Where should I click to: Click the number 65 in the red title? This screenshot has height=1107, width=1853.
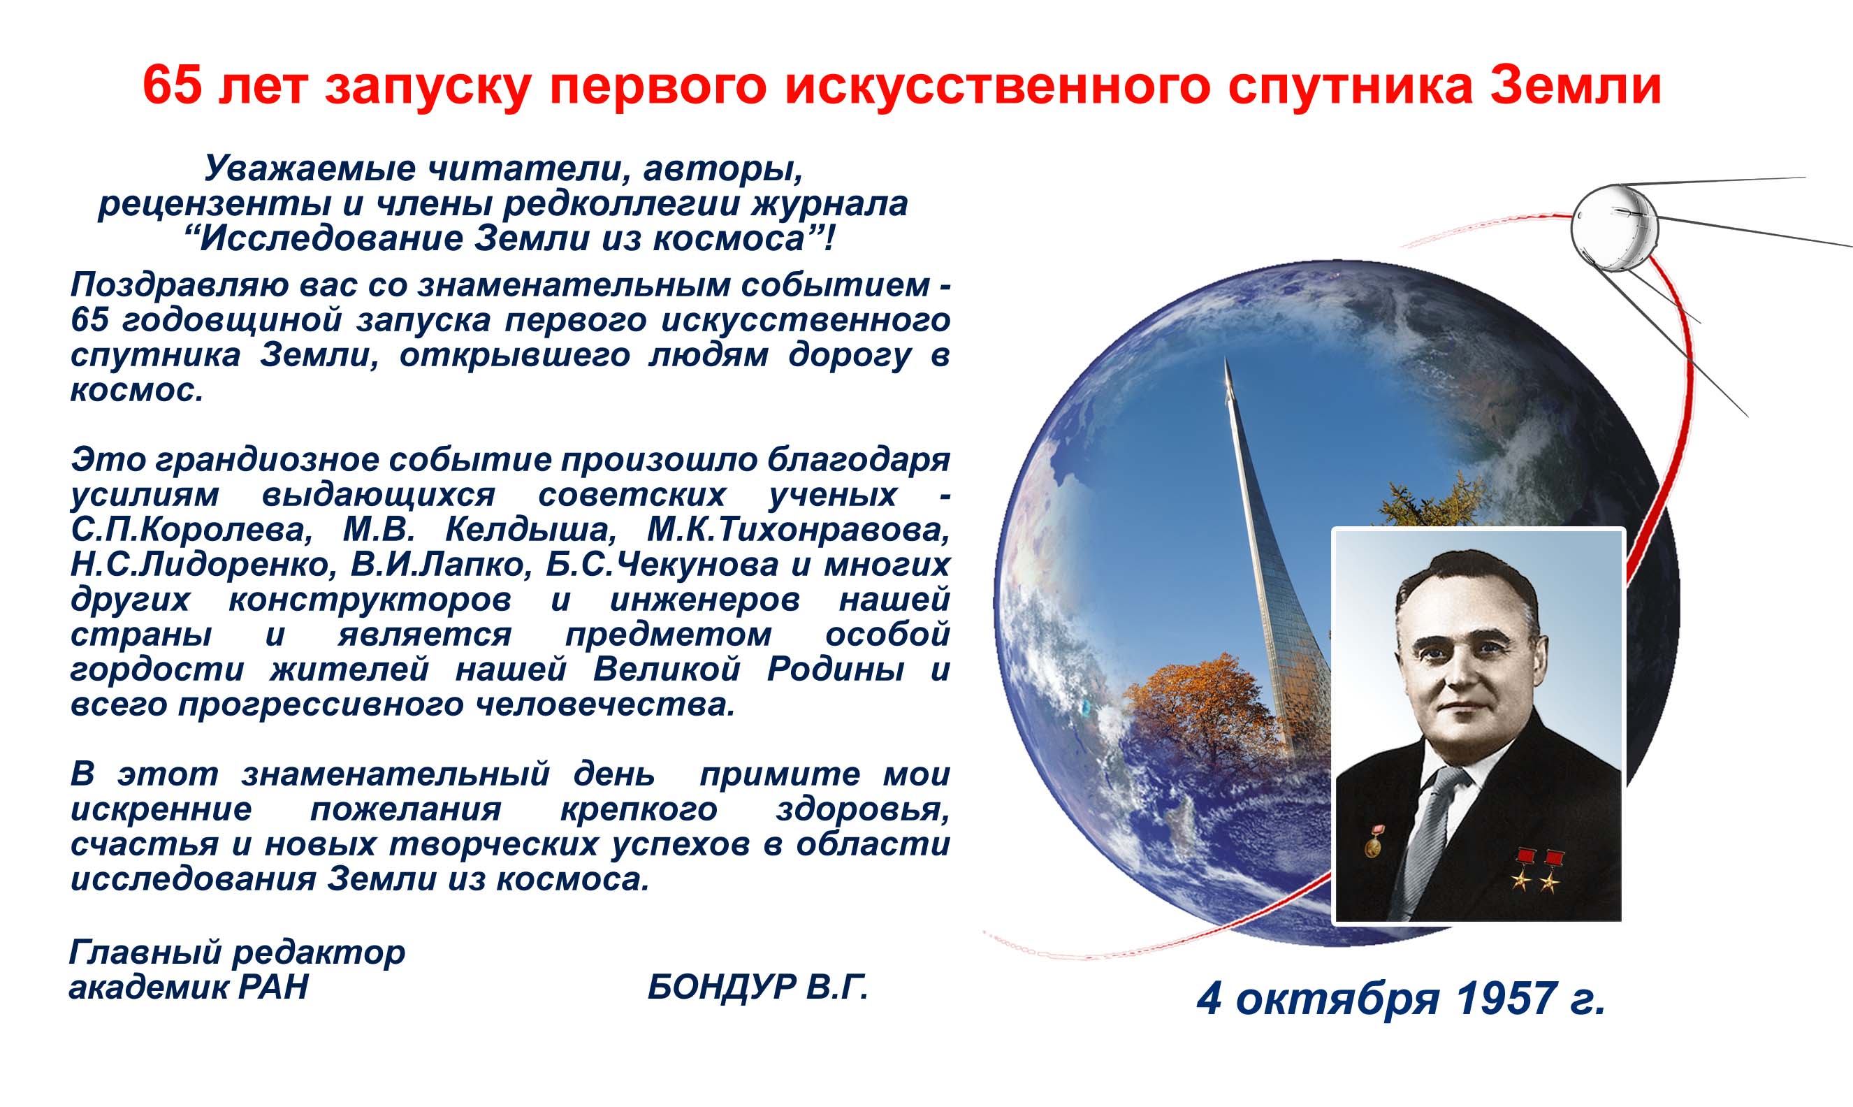click(x=173, y=85)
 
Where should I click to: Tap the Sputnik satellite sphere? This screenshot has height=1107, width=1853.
click(x=1615, y=228)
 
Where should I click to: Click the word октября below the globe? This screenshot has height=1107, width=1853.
click(x=1337, y=999)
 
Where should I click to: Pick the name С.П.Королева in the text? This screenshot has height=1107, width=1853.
click(x=189, y=530)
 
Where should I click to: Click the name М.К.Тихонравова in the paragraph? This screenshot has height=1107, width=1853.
click(x=799, y=530)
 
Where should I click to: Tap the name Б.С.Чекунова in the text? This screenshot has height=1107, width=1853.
click(x=662, y=565)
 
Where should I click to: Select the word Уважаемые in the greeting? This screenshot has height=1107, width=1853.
click(x=309, y=168)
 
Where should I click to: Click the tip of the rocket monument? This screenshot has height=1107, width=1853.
click(x=1227, y=359)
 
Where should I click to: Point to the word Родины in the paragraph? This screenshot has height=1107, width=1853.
click(x=836, y=669)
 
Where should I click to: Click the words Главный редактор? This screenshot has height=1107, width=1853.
click(x=237, y=953)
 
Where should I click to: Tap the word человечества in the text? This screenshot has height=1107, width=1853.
click(x=606, y=704)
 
